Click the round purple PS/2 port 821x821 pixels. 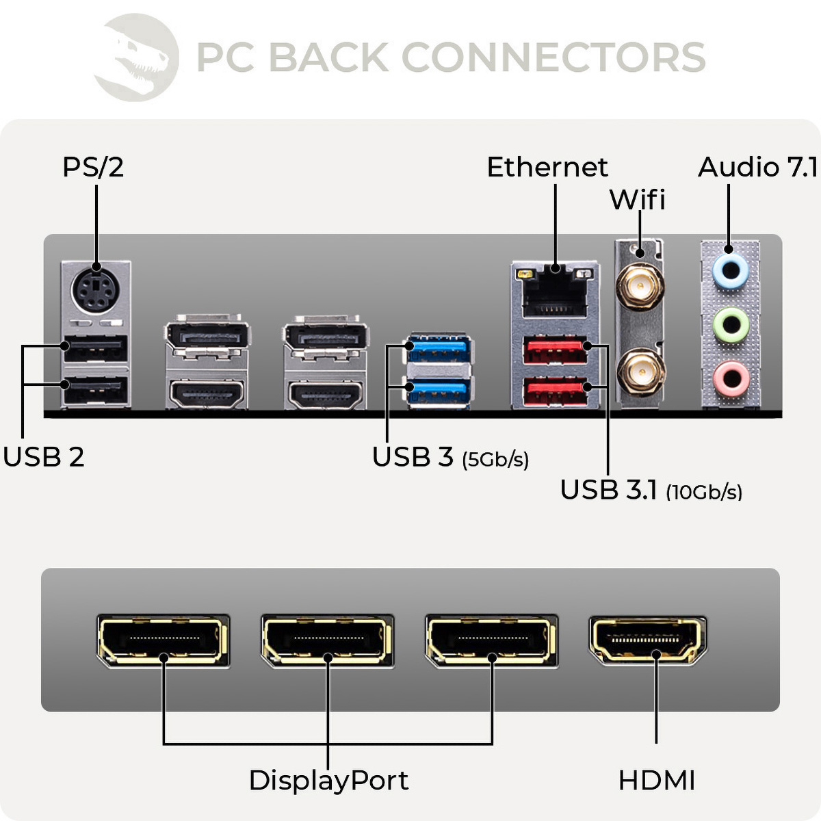point(96,292)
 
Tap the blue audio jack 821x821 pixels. point(730,272)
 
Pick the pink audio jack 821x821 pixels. point(730,378)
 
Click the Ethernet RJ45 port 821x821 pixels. point(555,291)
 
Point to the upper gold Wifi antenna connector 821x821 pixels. point(640,285)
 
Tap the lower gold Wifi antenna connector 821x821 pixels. point(640,372)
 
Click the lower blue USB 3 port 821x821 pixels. point(438,392)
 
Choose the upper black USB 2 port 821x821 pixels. point(96,350)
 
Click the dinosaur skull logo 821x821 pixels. point(137,57)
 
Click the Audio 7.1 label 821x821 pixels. point(757,167)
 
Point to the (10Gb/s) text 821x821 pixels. point(704,492)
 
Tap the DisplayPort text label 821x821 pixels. point(328,780)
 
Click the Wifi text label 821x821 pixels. point(637,200)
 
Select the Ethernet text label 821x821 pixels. point(547,167)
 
